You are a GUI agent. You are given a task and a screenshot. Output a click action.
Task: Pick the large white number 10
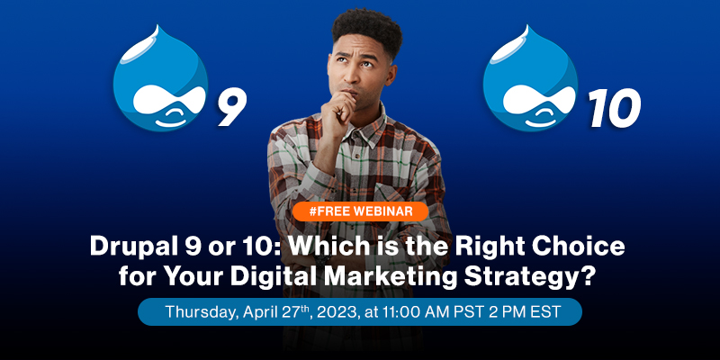pyautogui.click(x=614, y=109)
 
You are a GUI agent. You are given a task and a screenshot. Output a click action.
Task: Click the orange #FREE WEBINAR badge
pyautogui.click(x=360, y=211)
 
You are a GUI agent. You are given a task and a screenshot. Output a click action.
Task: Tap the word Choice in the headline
pyautogui.click(x=572, y=244)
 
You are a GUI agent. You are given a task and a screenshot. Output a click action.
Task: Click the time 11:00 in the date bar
pyautogui.click(x=419, y=311)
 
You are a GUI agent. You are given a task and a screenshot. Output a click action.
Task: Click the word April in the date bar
pyautogui.click(x=268, y=311)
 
